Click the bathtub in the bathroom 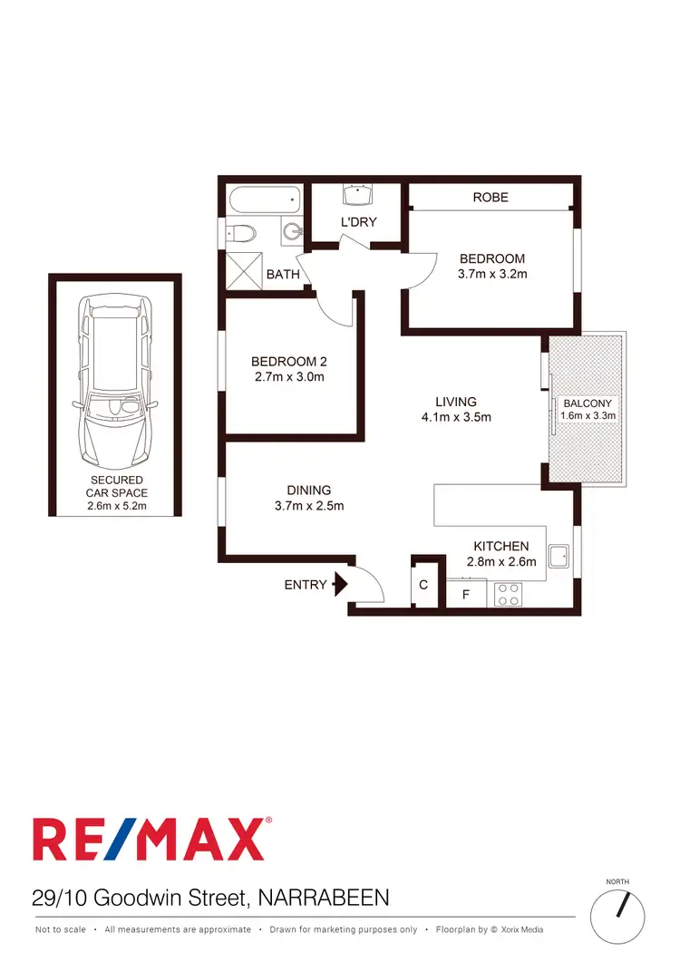click(x=264, y=198)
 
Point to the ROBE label click(x=491, y=197)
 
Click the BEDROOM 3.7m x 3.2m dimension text click(x=492, y=273)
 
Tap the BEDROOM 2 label click(x=287, y=362)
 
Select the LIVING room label click(x=455, y=402)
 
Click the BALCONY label click(x=588, y=403)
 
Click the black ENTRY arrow click(x=340, y=584)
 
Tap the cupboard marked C click(x=423, y=585)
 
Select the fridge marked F click(x=466, y=595)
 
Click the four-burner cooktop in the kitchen click(x=508, y=594)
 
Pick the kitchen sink click(x=558, y=557)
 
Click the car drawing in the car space click(x=114, y=381)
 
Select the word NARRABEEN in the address click(x=324, y=899)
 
